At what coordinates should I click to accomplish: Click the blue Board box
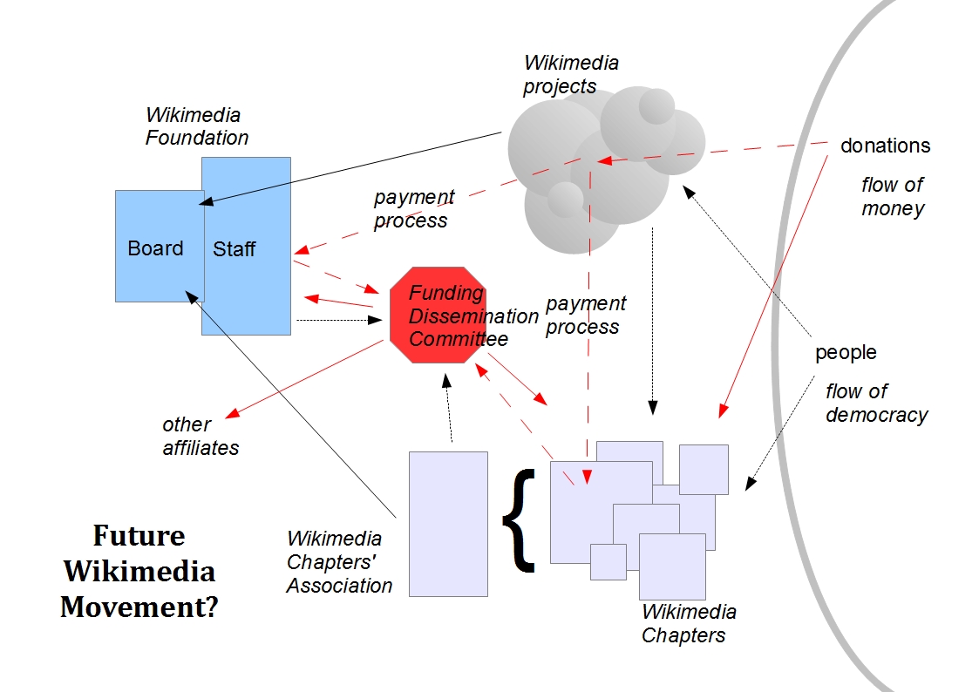coord(157,248)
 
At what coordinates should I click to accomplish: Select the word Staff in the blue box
coord(235,249)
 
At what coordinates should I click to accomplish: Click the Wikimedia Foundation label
coord(196,126)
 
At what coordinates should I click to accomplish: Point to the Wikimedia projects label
coord(570,74)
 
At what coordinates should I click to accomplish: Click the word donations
coord(885,146)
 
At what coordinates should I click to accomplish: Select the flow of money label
coord(892,197)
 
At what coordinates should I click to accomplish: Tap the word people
coord(846,352)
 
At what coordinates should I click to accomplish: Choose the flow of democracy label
coord(876,404)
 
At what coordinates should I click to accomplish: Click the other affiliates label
coord(200,436)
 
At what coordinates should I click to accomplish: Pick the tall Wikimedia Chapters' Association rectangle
coord(448,523)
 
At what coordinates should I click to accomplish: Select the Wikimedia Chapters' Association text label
coord(339,562)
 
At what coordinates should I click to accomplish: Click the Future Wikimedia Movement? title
coord(139,571)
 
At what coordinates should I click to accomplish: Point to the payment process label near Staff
coord(413,208)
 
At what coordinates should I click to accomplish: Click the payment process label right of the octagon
coord(585,315)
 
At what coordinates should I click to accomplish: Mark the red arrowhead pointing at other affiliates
coord(231,412)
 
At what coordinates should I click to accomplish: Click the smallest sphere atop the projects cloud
coord(656,106)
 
